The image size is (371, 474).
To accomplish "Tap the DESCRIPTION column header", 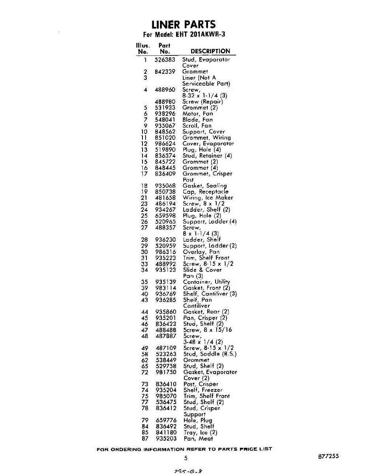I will tap(210, 51).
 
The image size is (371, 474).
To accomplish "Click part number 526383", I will tap(165, 60).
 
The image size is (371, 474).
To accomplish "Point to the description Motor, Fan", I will tap(197, 114).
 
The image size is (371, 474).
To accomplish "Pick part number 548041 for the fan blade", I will tap(165, 120).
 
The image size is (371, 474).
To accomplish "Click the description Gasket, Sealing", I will tap(204, 186).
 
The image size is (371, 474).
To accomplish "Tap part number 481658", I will tap(165, 198).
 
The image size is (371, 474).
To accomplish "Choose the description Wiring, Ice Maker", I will tap(208, 198).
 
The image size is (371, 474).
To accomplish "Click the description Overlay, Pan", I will tap(201, 252).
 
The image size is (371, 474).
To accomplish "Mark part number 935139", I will tap(166, 282).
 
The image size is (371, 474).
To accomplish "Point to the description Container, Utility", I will tap(206, 282).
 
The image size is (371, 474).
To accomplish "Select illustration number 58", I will tap(144, 354).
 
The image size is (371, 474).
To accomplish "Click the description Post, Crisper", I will tap(200, 384).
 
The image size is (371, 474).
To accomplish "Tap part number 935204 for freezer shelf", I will tap(166, 390).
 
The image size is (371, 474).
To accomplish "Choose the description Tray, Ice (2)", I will tap(200, 433).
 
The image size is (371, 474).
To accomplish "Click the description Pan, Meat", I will tap(198, 438).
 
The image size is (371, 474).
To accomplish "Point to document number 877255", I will tap(328, 456).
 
